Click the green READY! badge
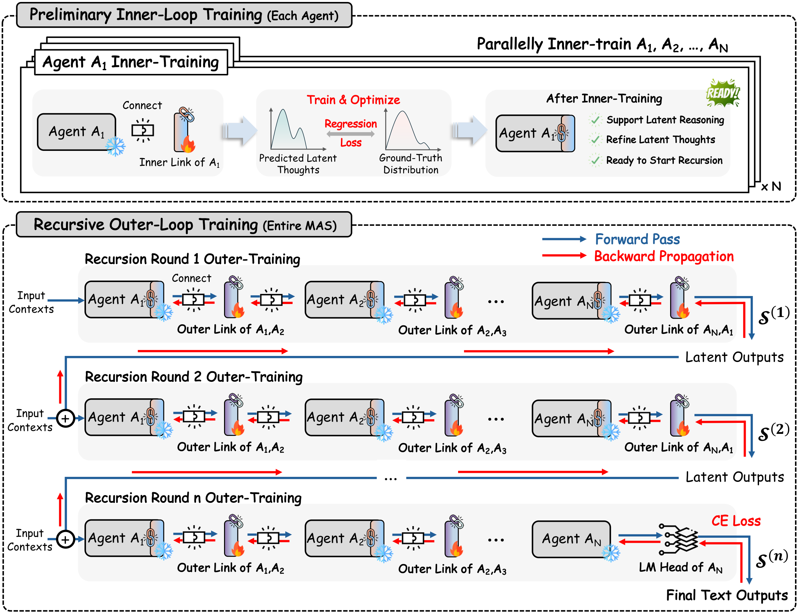pyautogui.click(x=722, y=93)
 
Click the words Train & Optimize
pyautogui.click(x=353, y=100)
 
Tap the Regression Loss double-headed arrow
pyautogui.click(x=350, y=134)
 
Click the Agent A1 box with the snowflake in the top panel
pyautogui.click(x=77, y=132)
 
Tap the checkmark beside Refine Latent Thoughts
pyautogui.click(x=595, y=140)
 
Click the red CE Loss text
pyautogui.click(x=735, y=521)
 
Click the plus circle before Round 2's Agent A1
pyautogui.click(x=65, y=419)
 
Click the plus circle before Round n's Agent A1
pyautogui.click(x=65, y=539)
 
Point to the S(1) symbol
pyautogui.click(x=773, y=315)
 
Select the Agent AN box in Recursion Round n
pyautogui.click(x=571, y=539)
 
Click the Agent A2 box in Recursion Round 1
pyautogui.click(x=340, y=300)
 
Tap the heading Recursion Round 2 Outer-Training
pyautogui.click(x=194, y=377)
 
